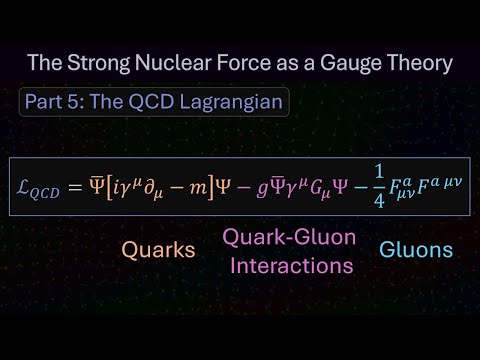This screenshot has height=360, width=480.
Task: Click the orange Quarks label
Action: [157, 249]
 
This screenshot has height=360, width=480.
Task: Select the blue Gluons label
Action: [416, 249]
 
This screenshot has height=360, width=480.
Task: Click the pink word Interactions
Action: [290, 267]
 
